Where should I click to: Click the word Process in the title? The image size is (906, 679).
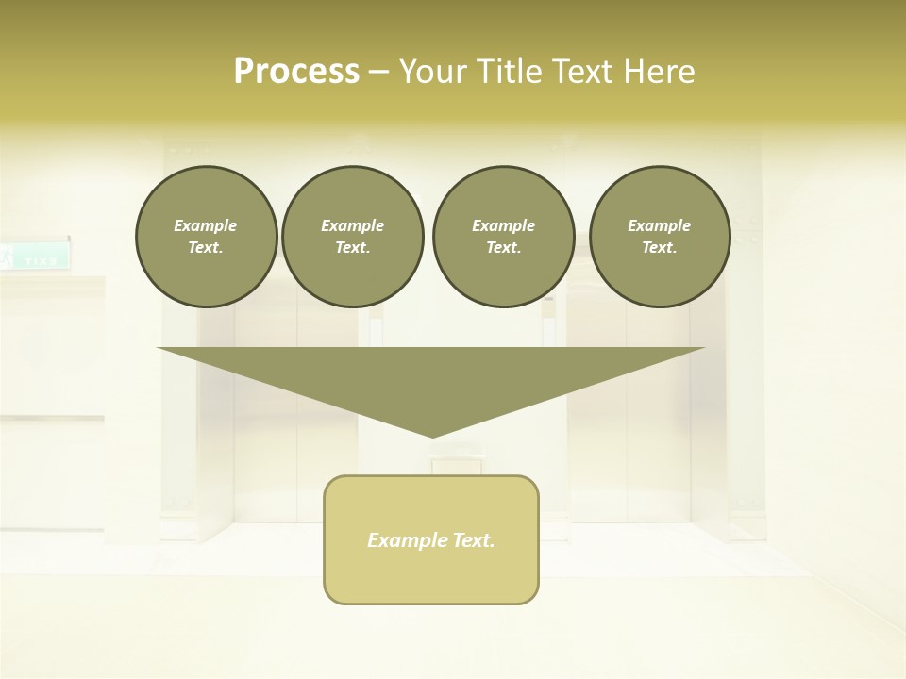coord(296,72)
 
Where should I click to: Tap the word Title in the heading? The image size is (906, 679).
coord(510,72)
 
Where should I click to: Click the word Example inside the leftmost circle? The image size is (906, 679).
coord(206,225)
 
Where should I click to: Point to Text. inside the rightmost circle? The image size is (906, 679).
coord(660,248)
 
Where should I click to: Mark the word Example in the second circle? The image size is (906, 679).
coord(353,225)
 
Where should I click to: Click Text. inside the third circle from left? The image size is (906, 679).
coord(504,248)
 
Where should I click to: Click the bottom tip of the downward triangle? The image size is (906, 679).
coord(432,435)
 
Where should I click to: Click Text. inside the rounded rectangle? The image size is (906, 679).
coord(472,540)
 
